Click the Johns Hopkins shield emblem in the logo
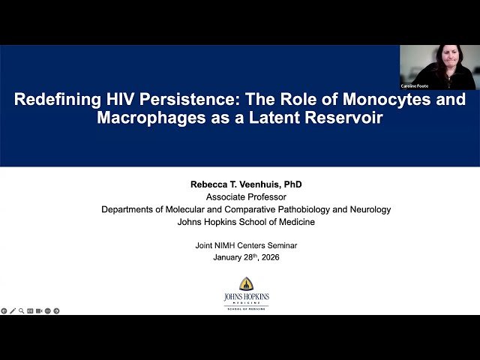[246, 283]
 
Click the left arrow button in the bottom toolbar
[4, 310]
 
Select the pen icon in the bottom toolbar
[13, 310]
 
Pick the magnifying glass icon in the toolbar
[21, 310]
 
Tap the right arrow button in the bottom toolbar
[56, 310]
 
